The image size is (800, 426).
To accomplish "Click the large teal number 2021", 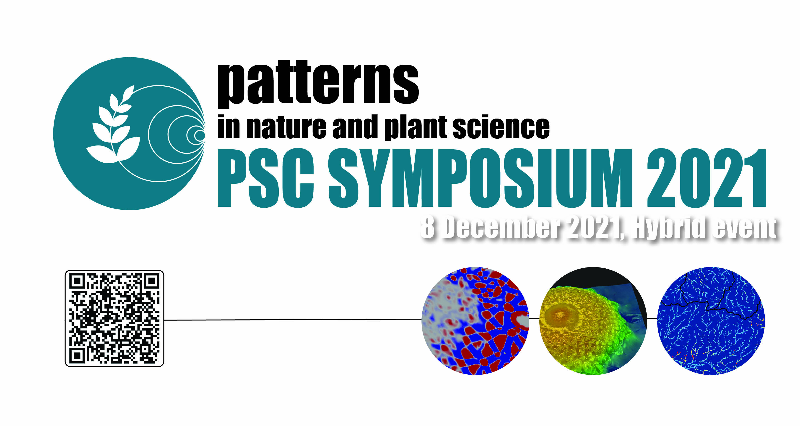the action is [x=706, y=178].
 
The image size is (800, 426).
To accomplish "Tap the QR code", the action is [x=114, y=318].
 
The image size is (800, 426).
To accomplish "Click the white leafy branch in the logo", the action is [x=113, y=124].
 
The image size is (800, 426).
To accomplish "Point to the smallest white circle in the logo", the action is [x=200, y=135].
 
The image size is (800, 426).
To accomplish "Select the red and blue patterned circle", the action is [x=475, y=321].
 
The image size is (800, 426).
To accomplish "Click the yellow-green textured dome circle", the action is [x=593, y=321].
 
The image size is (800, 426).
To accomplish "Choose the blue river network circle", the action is [x=711, y=321].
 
